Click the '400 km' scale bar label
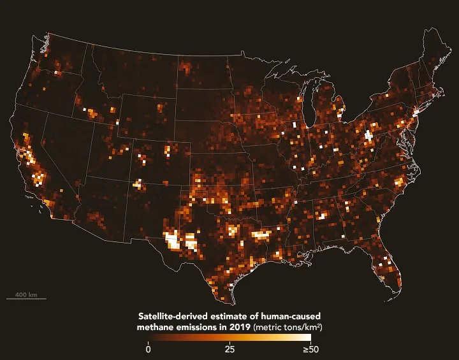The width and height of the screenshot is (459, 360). (26, 295)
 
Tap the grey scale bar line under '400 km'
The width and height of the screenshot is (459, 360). (26, 299)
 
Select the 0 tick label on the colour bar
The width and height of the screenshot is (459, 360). (148, 349)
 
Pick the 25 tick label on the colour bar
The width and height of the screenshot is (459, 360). (229, 349)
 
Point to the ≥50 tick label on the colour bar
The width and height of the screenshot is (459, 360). (310, 349)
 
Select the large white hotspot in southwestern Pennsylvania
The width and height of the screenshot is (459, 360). (368, 135)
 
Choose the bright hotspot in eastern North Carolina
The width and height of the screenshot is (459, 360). (400, 182)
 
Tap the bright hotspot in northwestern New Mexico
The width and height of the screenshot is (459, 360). (138, 184)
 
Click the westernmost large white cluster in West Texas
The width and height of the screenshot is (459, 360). (172, 240)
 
